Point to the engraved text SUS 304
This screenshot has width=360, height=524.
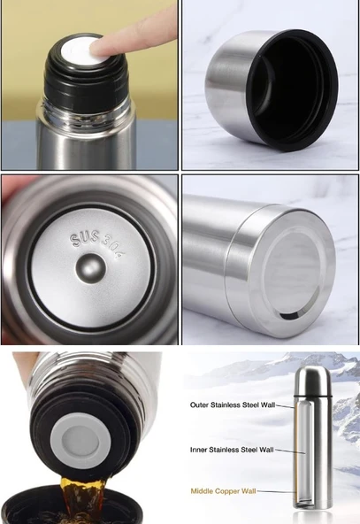[x=97, y=244]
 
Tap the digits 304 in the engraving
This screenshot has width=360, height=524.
[x=113, y=248]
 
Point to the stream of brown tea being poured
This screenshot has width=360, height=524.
[x=80, y=498]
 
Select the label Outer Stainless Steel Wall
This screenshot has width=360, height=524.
[x=233, y=405]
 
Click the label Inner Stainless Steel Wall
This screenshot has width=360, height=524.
[x=232, y=450]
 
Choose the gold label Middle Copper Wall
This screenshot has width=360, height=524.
[x=223, y=491]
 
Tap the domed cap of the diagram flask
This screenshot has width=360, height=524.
[x=313, y=381]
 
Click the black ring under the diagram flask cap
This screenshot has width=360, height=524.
[x=313, y=397]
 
